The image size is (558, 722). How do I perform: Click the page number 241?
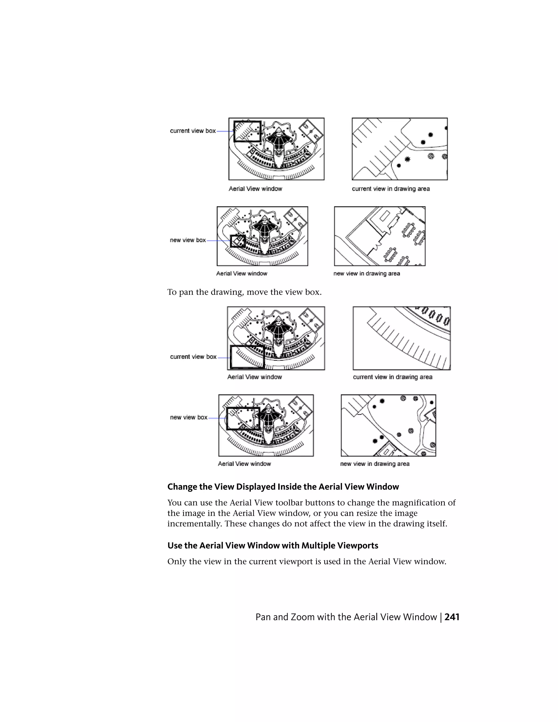pyautogui.click(x=452, y=617)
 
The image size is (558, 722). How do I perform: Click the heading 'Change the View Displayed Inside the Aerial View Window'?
pyautogui.click(x=283, y=487)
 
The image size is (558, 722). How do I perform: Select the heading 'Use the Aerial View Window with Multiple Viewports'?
pyautogui.click(x=273, y=545)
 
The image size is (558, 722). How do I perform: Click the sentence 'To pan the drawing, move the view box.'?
pyautogui.click(x=244, y=292)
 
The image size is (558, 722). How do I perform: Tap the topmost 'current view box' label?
pyautogui.click(x=193, y=131)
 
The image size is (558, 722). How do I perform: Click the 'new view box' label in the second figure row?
pyautogui.click(x=188, y=240)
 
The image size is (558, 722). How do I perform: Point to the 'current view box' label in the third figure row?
pyautogui.click(x=193, y=357)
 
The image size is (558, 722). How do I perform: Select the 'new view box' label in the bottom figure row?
pyautogui.click(x=189, y=417)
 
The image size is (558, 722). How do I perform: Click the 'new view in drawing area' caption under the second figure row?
pyautogui.click(x=367, y=274)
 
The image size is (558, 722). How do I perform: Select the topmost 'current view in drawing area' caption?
pyautogui.click(x=391, y=189)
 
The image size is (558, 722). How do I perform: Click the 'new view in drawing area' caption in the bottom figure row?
pyautogui.click(x=375, y=464)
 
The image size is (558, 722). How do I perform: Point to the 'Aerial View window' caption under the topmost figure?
pyautogui.click(x=255, y=189)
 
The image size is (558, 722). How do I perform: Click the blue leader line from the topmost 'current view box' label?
pyautogui.click(x=225, y=131)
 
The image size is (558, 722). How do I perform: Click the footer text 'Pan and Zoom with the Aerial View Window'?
pyautogui.click(x=346, y=617)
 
